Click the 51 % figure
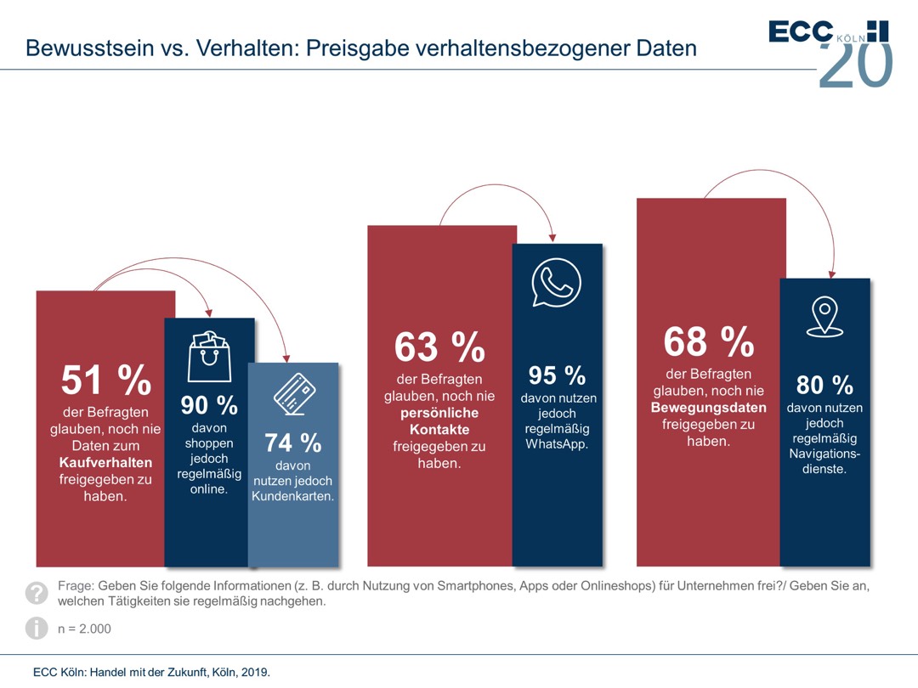[x=105, y=381]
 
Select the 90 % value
[x=209, y=405]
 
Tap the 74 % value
[x=292, y=443]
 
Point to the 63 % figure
[x=439, y=347]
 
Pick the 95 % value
[x=557, y=375]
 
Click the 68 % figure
[x=708, y=341]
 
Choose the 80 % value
[x=824, y=385]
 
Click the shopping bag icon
[x=209, y=356]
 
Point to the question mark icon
[x=37, y=592]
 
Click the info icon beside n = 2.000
[x=37, y=629]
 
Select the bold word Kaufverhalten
[x=105, y=462]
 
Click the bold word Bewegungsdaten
[x=708, y=408]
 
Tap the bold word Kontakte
[x=439, y=430]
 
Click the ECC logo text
[x=801, y=31]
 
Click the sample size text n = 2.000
[x=84, y=629]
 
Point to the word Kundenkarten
[x=292, y=496]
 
